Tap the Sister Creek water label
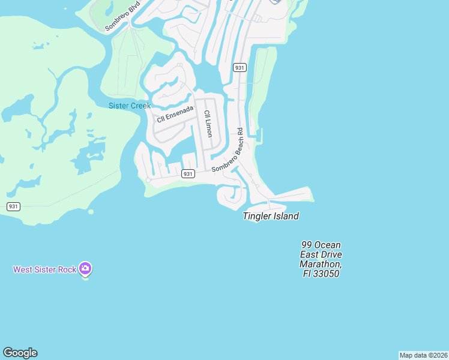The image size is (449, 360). (130, 106)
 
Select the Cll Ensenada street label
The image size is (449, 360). (175, 114)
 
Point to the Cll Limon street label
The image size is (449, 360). (208, 124)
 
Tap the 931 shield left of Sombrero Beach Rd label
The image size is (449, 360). (188, 173)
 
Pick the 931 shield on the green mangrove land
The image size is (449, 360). (13, 206)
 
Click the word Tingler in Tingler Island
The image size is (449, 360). (257, 216)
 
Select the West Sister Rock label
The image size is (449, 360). (45, 269)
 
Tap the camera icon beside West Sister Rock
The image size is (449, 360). (85, 268)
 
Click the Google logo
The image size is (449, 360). (20, 353)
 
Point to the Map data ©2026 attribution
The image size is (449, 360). (423, 355)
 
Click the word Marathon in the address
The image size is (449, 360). (321, 264)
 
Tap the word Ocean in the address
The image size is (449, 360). (328, 245)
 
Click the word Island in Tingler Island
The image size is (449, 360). (285, 216)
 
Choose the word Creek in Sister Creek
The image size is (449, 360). (139, 106)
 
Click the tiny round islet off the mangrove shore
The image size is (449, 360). (91, 211)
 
